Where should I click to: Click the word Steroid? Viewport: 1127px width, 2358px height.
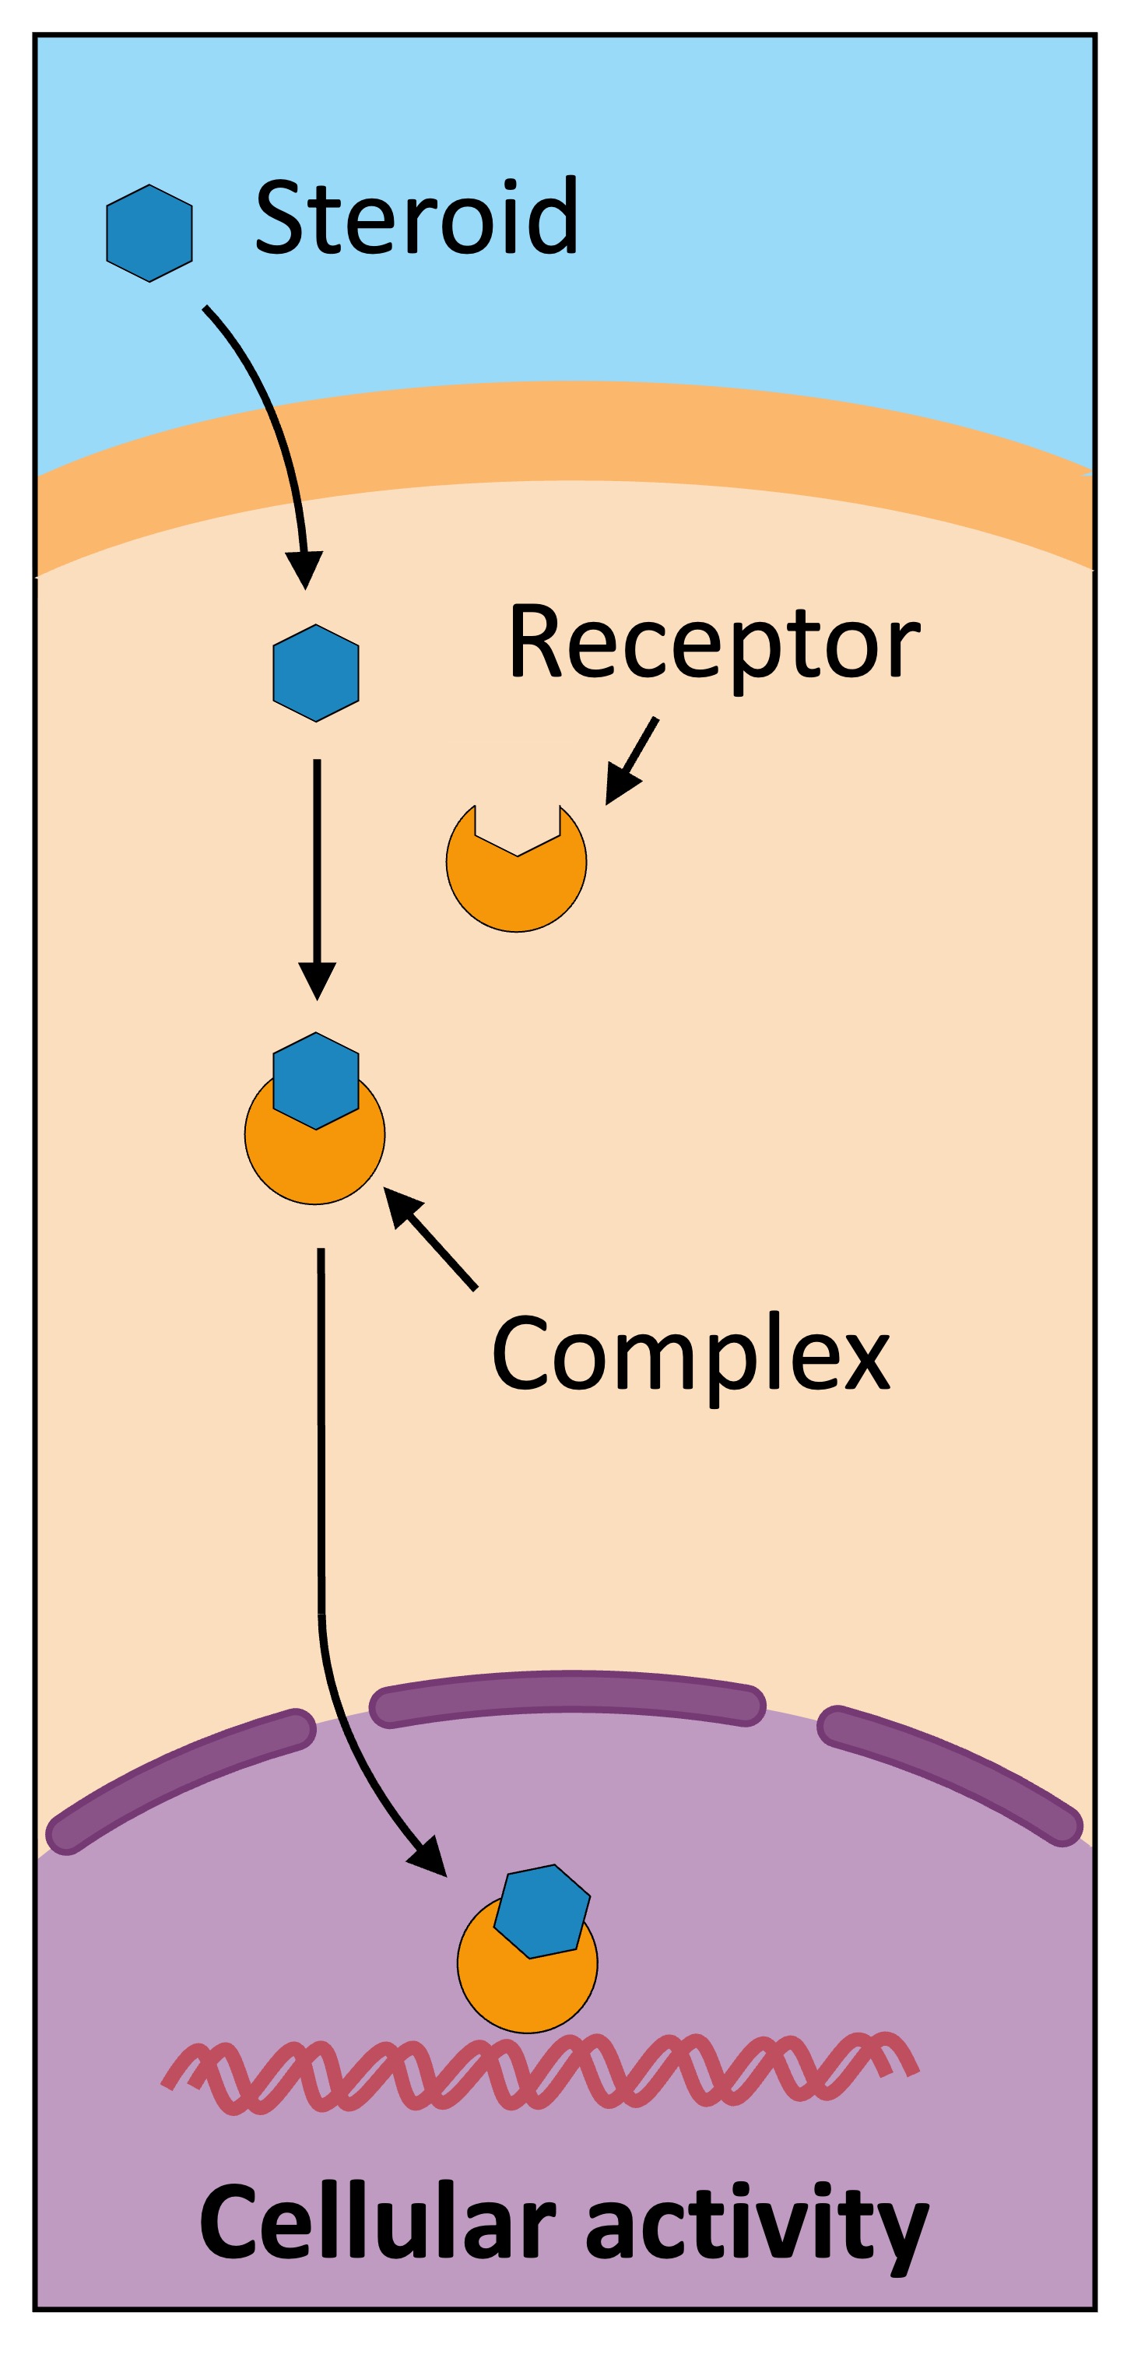pyautogui.click(x=416, y=217)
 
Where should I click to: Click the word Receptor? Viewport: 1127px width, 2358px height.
pyautogui.click(x=713, y=641)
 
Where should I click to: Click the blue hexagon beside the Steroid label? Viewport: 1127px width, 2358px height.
pyautogui.click(x=149, y=233)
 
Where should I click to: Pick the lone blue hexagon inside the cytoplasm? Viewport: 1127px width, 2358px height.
pyautogui.click(x=316, y=673)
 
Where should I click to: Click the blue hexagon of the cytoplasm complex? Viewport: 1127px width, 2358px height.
pyautogui.click(x=316, y=1081)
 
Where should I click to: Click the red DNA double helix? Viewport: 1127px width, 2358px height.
pyautogui.click(x=540, y=2073)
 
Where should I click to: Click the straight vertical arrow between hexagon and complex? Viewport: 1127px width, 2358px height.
pyautogui.click(x=317, y=870)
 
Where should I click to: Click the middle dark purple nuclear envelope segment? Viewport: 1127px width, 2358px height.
pyautogui.click(x=567, y=1699)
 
